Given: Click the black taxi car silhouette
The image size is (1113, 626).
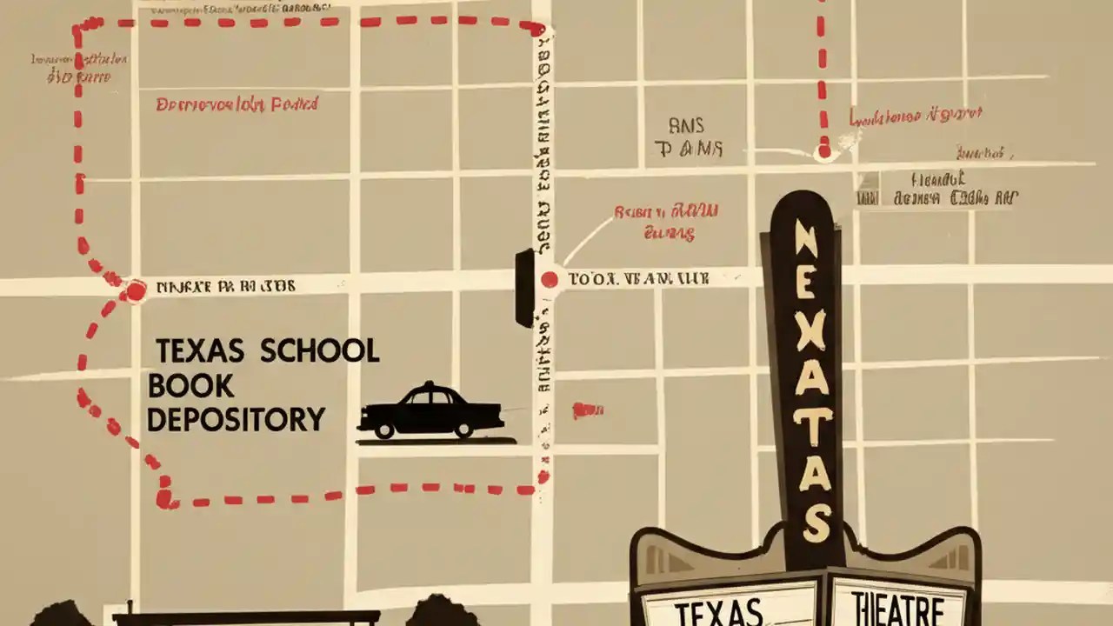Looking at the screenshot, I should (x=430, y=412).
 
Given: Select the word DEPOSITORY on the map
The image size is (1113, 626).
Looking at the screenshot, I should (x=236, y=420).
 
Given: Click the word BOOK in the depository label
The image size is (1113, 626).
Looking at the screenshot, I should (x=179, y=386).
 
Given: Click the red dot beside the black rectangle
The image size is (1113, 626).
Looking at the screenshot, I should (x=549, y=279).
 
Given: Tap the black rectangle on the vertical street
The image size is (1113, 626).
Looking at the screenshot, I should (x=524, y=288).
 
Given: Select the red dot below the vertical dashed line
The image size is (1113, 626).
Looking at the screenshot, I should (x=823, y=153).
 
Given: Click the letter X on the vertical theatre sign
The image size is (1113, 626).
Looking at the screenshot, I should (x=809, y=327).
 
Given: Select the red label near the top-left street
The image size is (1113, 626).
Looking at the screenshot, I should (x=237, y=105).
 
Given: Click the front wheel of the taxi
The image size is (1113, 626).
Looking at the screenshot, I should (x=463, y=430).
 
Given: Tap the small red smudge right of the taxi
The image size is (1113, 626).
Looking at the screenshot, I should (x=588, y=410).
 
